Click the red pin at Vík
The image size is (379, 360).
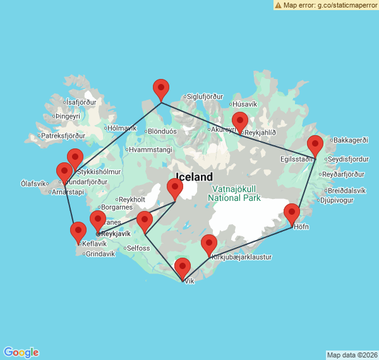(182, 268)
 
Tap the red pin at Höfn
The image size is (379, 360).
(292, 213)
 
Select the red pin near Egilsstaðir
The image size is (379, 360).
(315, 145)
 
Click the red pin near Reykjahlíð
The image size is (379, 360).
(240, 121)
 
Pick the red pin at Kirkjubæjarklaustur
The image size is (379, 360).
(209, 244)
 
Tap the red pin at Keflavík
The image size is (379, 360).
(78, 232)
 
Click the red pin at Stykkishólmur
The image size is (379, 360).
(75, 158)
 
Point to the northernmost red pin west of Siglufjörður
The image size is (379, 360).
(161, 89)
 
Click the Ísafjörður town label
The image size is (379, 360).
(81, 102)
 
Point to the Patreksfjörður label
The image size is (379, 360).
(62, 136)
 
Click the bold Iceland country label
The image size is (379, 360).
(194, 177)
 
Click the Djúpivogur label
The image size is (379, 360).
(335, 201)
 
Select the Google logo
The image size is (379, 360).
(21, 352)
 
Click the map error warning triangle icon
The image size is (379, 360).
(278, 4)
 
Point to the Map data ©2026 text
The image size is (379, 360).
(352, 355)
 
